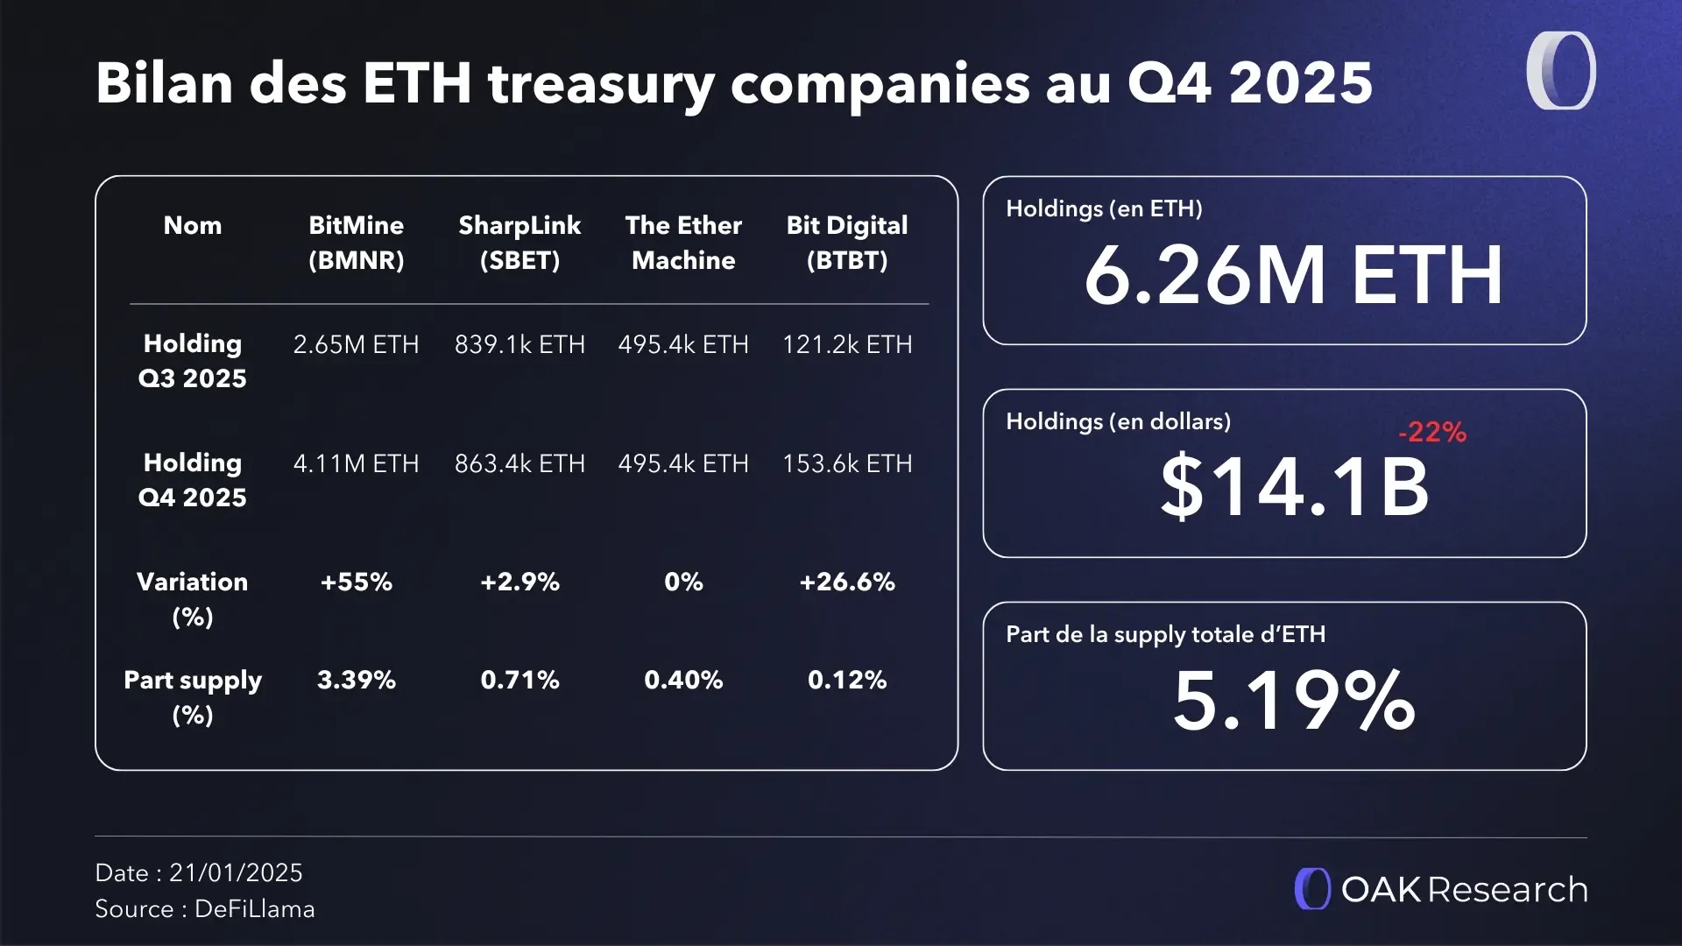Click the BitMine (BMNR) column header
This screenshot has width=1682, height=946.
tap(356, 243)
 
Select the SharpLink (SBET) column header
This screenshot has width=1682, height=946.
tap(519, 243)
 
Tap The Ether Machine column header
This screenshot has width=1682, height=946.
tap(683, 243)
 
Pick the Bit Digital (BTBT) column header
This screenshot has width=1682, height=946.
tap(847, 243)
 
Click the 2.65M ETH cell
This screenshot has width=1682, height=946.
tap(356, 344)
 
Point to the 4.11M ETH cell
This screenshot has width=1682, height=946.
tap(356, 463)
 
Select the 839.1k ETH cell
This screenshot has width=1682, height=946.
tap(519, 344)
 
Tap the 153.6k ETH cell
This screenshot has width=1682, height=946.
tap(847, 463)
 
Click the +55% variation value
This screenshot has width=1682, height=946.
tap(356, 582)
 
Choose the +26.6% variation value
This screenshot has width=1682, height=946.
tap(847, 582)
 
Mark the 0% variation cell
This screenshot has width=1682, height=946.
tap(683, 582)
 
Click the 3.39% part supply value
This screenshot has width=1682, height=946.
tap(356, 680)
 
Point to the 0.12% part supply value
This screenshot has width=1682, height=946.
tap(847, 680)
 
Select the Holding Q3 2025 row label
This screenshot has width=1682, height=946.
tap(193, 360)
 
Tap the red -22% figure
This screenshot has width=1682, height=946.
tap(1432, 432)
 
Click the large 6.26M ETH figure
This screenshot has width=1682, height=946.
tap(1293, 276)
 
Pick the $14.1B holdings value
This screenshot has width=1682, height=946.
tap(1295, 487)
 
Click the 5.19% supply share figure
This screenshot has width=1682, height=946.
tap(1294, 701)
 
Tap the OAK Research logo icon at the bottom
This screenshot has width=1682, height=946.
tap(1312, 889)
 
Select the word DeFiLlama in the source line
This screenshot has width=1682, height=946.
tap(254, 909)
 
